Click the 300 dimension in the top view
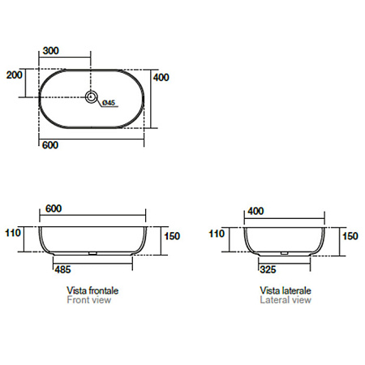(x=51, y=50)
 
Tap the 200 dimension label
(x=15, y=75)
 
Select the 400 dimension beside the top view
(x=161, y=78)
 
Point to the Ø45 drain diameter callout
(x=109, y=103)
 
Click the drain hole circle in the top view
(x=92, y=97)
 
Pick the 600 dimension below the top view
(x=50, y=145)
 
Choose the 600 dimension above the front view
(x=54, y=208)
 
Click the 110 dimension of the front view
(x=13, y=233)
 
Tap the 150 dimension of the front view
(x=172, y=236)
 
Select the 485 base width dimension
(x=62, y=269)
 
